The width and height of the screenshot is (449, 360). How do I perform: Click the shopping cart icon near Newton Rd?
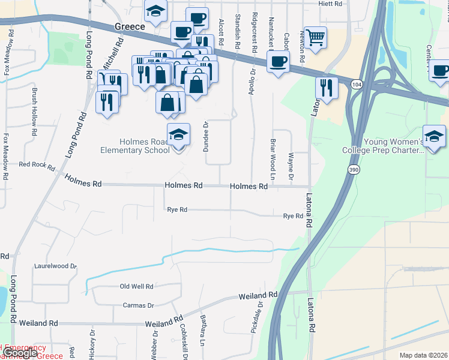(315, 38)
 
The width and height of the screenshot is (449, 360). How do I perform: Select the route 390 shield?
(354, 171)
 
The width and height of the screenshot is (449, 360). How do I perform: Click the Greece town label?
(130, 27)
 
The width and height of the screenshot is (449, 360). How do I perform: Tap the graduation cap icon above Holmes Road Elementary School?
(178, 135)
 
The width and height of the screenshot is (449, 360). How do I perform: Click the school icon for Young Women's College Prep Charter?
(434, 136)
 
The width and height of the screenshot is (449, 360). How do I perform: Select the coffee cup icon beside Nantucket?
(278, 61)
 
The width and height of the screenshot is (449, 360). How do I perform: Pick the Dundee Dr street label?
(205, 137)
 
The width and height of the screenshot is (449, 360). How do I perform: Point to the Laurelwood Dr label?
(56, 265)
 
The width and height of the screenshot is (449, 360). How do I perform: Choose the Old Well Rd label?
(137, 287)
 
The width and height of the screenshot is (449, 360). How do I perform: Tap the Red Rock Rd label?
(37, 164)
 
